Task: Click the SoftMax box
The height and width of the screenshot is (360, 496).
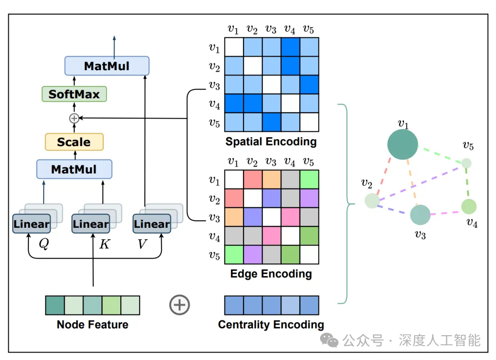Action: tap(74, 94)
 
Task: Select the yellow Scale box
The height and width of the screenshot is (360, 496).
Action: tap(74, 142)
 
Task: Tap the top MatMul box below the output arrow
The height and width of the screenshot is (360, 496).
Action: tap(107, 66)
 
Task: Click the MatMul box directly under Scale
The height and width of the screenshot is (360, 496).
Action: tap(74, 169)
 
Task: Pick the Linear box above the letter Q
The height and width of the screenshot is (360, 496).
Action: tap(31, 224)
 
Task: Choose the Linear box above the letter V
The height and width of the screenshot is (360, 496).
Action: tap(152, 224)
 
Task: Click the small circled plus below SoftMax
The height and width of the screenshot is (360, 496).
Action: tap(74, 118)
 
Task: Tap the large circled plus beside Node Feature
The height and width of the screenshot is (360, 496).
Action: tap(180, 305)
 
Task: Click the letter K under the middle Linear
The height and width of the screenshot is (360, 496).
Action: tap(105, 244)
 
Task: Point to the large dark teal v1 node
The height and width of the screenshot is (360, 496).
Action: tap(402, 144)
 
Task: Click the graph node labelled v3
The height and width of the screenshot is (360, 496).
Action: tap(420, 215)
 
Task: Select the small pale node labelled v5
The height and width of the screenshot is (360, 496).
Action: tap(466, 163)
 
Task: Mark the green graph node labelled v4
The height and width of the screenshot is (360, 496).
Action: tap(469, 207)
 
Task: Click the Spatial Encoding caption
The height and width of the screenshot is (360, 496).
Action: tap(271, 142)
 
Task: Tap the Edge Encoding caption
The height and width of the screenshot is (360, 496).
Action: tap(271, 274)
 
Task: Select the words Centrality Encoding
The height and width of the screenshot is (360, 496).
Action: tap(271, 325)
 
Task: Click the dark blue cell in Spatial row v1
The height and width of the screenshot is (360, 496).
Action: tap(290, 47)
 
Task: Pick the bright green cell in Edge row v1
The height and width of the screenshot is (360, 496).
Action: tap(309, 180)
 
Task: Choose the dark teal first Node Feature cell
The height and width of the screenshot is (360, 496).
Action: tap(55, 305)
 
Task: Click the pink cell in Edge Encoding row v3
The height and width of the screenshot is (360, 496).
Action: tap(290, 217)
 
